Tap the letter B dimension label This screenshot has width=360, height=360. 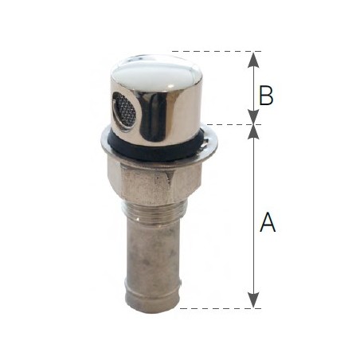coord(268,96)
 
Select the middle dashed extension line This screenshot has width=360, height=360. coord(231,124)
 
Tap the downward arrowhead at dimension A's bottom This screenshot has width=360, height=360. coord(253,301)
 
